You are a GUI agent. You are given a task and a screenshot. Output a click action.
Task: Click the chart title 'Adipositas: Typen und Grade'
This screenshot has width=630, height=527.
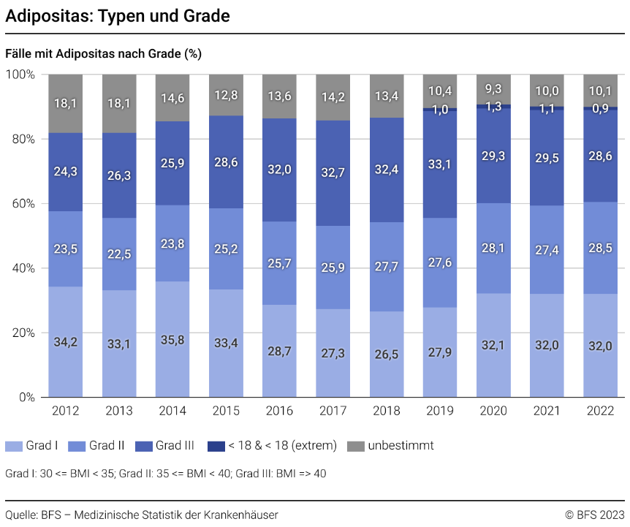click(118, 16)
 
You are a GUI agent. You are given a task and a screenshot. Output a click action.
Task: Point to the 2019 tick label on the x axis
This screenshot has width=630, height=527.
click(440, 412)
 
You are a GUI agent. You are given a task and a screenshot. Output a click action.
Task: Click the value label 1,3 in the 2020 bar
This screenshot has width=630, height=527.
click(494, 107)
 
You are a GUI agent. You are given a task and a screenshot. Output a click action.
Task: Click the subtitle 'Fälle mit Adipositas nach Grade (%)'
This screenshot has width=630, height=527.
click(103, 53)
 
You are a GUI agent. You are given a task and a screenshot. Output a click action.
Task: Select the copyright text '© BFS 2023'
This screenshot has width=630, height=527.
click(595, 515)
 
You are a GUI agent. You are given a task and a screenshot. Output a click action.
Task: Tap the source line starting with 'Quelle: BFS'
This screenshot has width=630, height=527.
click(141, 515)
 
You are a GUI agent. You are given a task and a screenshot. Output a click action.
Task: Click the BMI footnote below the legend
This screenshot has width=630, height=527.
click(165, 473)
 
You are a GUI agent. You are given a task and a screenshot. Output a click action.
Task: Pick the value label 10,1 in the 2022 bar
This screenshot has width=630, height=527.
click(601, 91)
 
